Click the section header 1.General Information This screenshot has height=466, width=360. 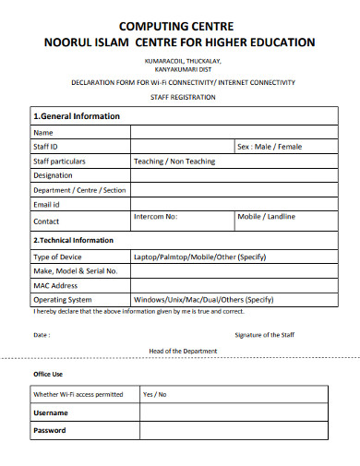pos(77,116)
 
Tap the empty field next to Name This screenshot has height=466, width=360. pos(228,132)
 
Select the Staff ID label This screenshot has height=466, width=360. pos(46,147)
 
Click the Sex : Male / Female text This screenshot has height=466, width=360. pos(270,147)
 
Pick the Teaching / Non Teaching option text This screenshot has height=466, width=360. pos(174,161)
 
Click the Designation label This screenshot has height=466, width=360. pos(53,174)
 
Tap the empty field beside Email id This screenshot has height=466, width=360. pos(228,204)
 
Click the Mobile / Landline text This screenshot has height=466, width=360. pos(267,216)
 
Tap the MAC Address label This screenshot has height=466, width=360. pos(55,285)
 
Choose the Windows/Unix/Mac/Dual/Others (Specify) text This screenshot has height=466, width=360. pos(203,299)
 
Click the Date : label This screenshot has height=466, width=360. pos(42,335)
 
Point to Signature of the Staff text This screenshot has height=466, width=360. pos(265,335)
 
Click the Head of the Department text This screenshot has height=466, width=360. pos(183,351)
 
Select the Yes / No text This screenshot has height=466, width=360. pos(154,394)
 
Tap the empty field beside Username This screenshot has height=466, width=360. pos(228,412)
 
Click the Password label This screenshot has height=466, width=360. pos(50,430)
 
